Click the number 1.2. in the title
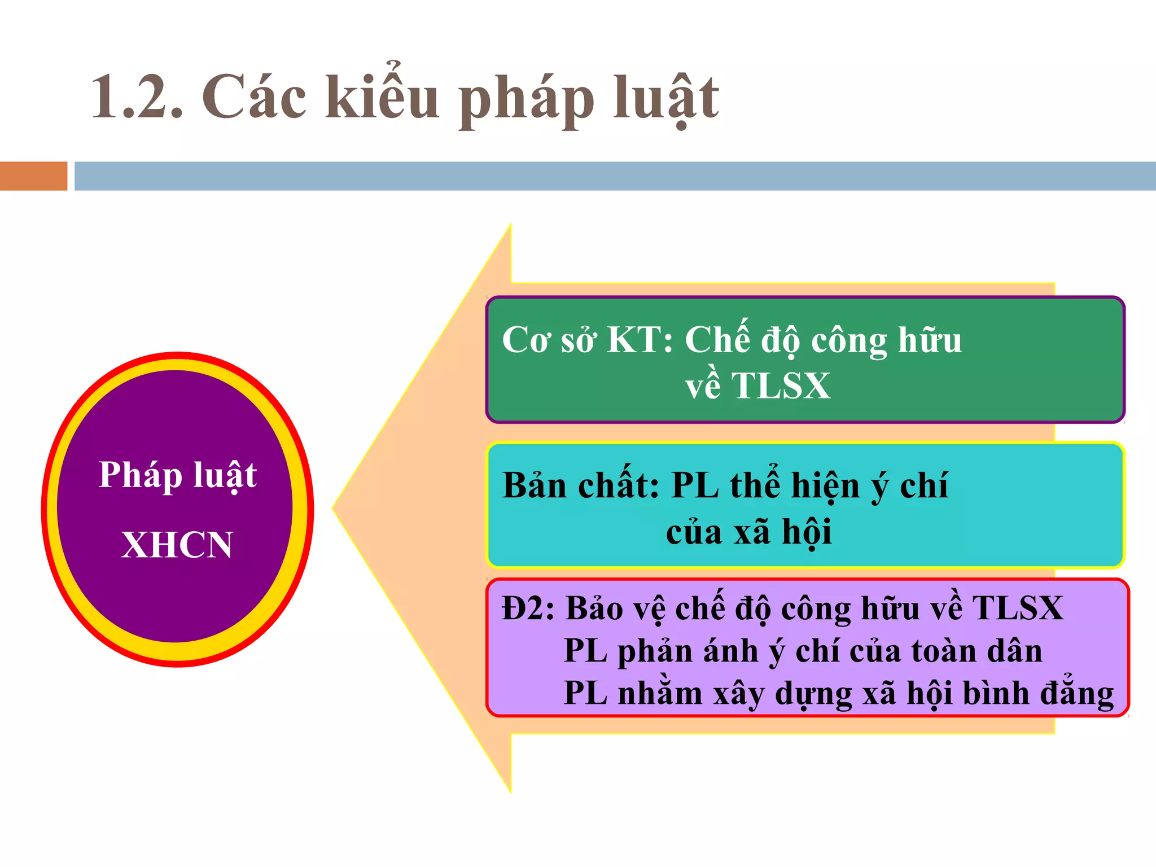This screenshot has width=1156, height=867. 137,98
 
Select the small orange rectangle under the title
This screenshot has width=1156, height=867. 33,176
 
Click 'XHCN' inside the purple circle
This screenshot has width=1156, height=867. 177,545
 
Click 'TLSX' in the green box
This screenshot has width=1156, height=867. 781,386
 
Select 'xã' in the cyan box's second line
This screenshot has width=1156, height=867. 751,532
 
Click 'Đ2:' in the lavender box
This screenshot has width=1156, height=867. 528,608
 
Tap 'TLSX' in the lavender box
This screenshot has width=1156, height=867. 1017,608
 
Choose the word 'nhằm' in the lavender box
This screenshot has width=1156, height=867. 660,694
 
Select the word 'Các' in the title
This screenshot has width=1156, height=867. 254,98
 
